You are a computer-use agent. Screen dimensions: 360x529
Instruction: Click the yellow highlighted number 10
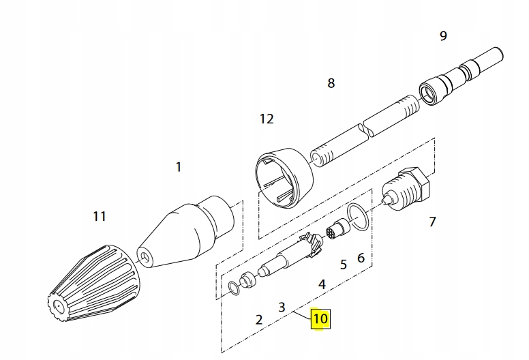[320, 318]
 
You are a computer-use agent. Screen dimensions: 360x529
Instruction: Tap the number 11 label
[100, 217]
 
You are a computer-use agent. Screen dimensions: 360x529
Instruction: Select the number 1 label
[179, 166]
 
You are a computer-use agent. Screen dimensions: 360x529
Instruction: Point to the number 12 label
[267, 119]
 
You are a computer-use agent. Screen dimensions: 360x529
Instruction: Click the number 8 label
[331, 83]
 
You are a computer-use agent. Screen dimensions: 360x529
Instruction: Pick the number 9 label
[443, 35]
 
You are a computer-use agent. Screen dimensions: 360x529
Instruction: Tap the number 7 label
[432, 222]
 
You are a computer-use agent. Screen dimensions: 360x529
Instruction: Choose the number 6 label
[361, 257]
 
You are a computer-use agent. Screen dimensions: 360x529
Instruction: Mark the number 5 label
[344, 263]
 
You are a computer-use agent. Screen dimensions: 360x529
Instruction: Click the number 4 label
[322, 283]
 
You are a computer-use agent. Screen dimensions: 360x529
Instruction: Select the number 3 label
[282, 307]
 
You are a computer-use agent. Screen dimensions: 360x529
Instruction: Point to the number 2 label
[259, 318]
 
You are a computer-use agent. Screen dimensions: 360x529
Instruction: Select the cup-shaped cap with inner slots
[283, 178]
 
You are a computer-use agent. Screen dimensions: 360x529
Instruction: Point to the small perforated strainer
[335, 230]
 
